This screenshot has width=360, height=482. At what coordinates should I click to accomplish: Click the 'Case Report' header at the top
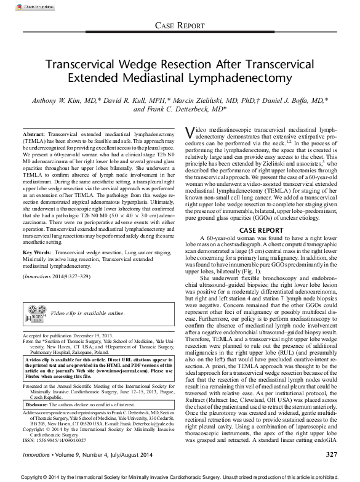pos(179,25)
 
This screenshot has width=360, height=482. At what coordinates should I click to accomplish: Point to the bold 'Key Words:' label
pos(36,253)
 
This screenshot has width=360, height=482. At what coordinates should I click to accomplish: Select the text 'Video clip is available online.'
pos(87,313)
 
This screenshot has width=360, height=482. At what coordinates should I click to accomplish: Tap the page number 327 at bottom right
pos(331,454)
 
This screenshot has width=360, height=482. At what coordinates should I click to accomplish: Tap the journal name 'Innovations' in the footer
pos(36,455)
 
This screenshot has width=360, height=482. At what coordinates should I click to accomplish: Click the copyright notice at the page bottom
pos(179,476)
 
